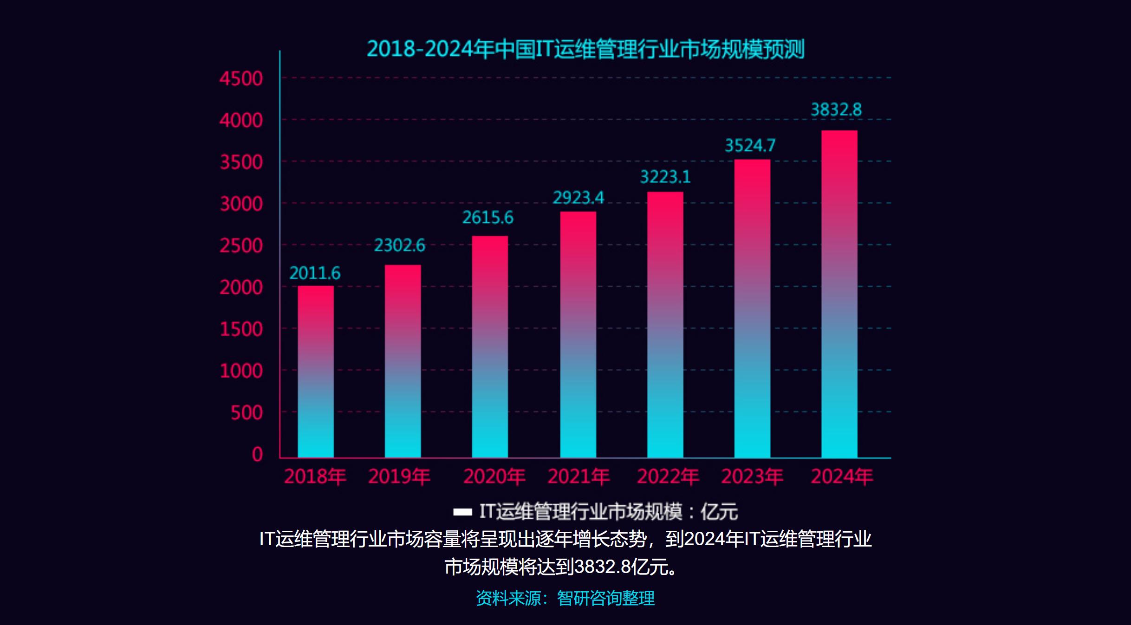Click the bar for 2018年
(316, 371)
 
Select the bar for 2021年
(578, 334)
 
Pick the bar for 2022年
(665, 325)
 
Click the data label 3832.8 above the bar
(836, 110)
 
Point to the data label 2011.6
(315, 273)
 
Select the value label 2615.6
(488, 218)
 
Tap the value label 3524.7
(750, 146)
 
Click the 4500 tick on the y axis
(241, 79)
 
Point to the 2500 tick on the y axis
(241, 246)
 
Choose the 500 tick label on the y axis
(247, 413)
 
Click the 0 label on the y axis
(257, 454)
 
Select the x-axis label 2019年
(399, 477)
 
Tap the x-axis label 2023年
(752, 477)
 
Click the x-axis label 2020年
(494, 477)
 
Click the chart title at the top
(585, 49)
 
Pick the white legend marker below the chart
(462, 512)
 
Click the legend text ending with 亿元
(608, 512)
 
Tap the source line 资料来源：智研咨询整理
(565, 598)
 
